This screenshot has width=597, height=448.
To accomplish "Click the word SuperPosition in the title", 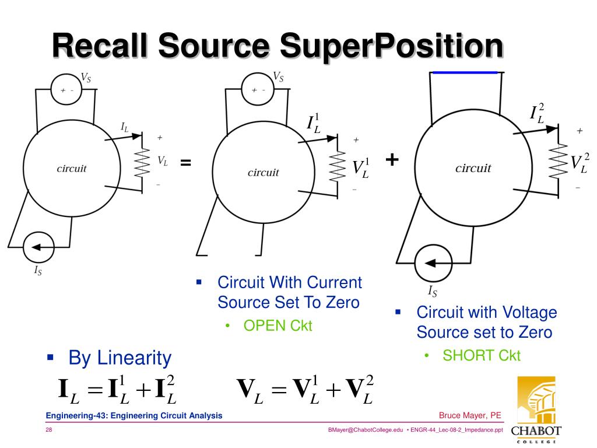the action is pyautogui.click(x=391, y=47).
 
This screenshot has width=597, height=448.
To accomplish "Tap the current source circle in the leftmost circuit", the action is pyautogui.click(x=38, y=247).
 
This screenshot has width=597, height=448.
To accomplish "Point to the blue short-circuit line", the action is pyautogui.click(x=464, y=72).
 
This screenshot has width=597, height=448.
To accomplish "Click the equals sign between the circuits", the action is pyautogui.click(x=185, y=163).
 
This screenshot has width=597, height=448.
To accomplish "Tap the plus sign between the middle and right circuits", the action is pyautogui.click(x=392, y=159).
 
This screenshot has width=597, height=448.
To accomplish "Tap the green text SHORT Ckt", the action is pyautogui.click(x=482, y=355).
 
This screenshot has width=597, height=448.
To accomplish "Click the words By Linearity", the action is pyautogui.click(x=120, y=358).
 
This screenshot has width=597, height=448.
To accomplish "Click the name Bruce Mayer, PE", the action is pyautogui.click(x=470, y=415).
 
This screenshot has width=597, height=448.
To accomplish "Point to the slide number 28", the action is pyautogui.click(x=50, y=430).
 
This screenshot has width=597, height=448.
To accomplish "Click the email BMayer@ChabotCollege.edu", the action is pyautogui.click(x=366, y=430).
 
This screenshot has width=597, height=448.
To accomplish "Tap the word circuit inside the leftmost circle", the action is pyautogui.click(x=71, y=169).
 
